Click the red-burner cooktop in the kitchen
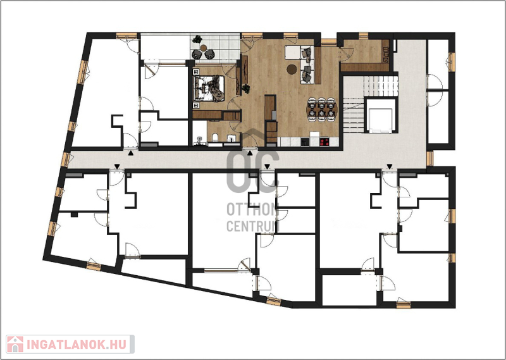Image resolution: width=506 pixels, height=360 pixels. (x=324, y=142)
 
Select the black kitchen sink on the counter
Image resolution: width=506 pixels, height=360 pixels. (x=305, y=142)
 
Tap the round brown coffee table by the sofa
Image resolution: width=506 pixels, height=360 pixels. (x=292, y=69)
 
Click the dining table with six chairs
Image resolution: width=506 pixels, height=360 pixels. (x=321, y=109)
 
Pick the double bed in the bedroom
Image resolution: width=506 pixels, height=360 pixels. (x=209, y=88)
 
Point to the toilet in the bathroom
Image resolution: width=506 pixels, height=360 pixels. (x=215, y=138)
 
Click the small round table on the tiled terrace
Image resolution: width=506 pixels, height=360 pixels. (x=203, y=48)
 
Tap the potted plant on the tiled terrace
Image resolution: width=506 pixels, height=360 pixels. (x=197, y=39)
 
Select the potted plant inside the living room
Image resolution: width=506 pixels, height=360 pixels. (x=246, y=88)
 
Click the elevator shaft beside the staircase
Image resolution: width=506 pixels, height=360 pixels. (x=381, y=116)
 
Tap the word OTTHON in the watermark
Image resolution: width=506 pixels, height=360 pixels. (x=252, y=210)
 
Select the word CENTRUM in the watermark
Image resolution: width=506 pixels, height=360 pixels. (x=252, y=226)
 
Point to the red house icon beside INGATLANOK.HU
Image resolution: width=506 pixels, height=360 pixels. (x=15, y=344)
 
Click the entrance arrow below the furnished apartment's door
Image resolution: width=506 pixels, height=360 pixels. (x=250, y=153)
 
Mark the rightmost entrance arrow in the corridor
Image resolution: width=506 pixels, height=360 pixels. (x=390, y=166)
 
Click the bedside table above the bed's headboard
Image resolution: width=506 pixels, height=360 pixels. (x=196, y=71)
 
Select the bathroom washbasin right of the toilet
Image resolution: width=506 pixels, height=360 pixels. (x=232, y=139)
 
